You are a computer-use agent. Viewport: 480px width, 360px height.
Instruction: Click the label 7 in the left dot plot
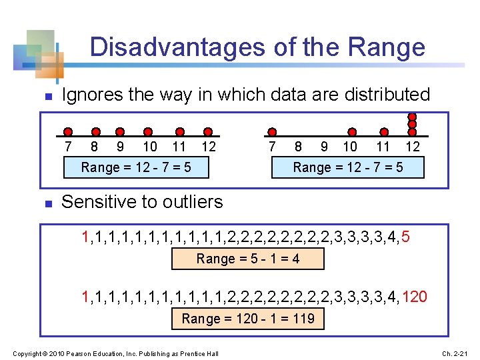click(67, 146)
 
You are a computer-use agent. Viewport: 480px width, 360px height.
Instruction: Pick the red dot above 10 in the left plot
click(148, 132)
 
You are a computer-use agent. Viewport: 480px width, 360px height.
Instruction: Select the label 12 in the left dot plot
click(209, 146)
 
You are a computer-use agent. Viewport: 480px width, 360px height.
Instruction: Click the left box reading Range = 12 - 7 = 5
click(136, 167)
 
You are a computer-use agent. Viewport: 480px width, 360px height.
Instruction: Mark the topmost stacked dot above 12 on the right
click(413, 115)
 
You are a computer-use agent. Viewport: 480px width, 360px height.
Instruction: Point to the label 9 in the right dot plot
click(324, 146)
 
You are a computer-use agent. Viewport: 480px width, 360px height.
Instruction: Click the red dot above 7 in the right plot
click(271, 132)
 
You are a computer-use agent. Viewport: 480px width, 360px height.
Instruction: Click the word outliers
click(190, 201)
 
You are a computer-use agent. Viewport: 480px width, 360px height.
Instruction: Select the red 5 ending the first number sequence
click(406, 236)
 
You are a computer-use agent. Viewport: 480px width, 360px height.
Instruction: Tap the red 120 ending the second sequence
click(415, 296)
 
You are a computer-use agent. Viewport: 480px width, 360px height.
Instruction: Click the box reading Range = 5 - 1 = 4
click(248, 259)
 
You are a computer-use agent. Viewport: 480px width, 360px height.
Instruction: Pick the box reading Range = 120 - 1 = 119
click(248, 319)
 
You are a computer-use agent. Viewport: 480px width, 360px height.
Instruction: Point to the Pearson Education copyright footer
click(116, 352)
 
